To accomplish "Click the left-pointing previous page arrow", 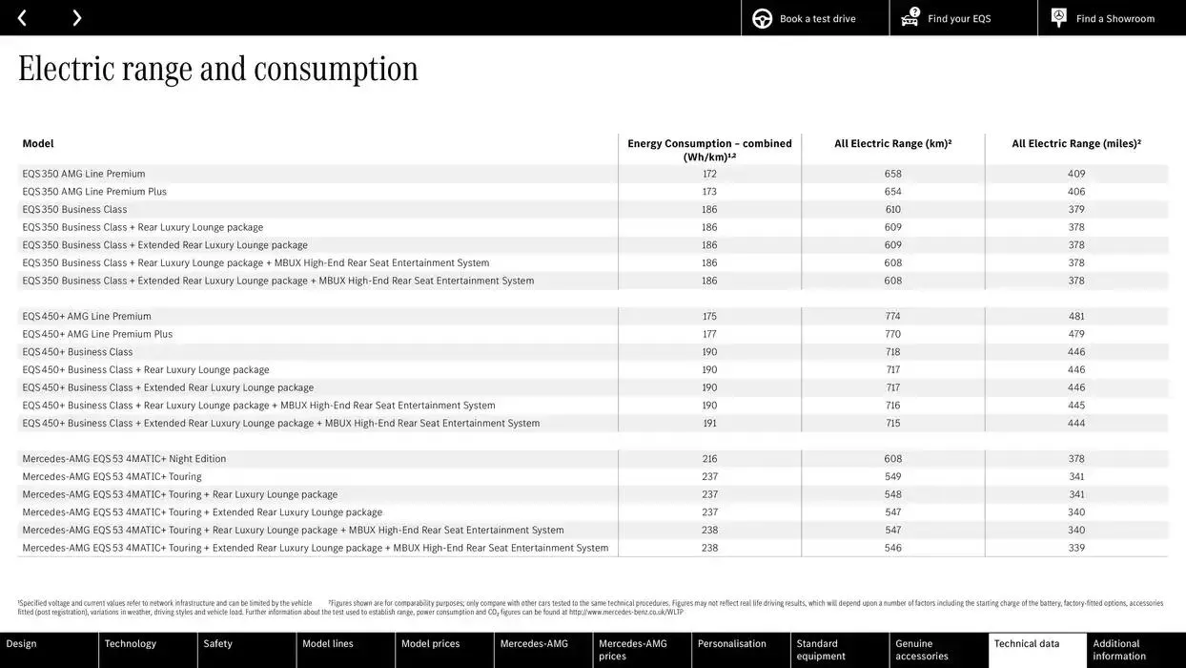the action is coord(22,18).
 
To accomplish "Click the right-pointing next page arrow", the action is coord(77,18).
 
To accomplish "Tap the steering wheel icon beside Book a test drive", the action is coord(762,18).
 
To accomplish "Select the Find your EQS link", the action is coord(958,19).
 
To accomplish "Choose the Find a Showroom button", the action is coord(1114,19).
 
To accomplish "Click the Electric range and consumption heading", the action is coord(217,69).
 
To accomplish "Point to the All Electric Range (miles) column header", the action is coord(1076,144).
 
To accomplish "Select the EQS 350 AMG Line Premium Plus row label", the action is coord(94,192).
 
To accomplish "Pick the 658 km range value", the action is coord(892,174).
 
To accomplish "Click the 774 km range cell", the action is coord(892,317).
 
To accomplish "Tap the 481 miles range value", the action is coord(1076,317).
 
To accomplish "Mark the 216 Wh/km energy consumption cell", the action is coord(709,459).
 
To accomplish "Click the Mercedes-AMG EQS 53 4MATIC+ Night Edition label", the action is coord(124,459).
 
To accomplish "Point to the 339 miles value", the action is coord(1076,549).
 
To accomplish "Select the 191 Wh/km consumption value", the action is coord(709,424).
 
